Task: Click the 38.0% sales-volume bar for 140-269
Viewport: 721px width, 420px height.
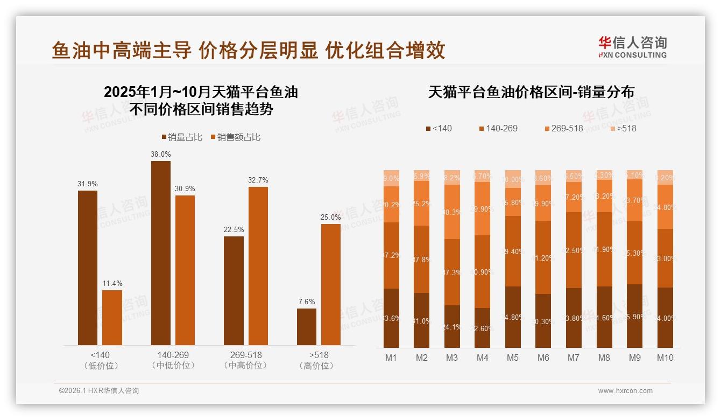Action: (x=161, y=253)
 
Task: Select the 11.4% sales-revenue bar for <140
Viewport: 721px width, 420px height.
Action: (x=112, y=318)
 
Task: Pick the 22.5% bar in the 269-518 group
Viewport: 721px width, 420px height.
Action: (x=234, y=291)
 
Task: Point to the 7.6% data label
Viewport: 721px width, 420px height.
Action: (x=307, y=302)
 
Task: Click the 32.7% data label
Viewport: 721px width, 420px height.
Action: (x=258, y=180)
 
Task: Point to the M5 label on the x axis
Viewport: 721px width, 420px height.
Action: (x=513, y=358)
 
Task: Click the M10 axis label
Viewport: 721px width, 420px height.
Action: (x=665, y=358)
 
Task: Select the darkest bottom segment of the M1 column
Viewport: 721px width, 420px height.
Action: (x=392, y=318)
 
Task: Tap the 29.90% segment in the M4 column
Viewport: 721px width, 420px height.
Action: (x=483, y=209)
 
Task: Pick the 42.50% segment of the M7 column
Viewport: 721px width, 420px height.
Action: (x=574, y=250)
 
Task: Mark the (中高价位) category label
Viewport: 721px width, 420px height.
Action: (x=246, y=366)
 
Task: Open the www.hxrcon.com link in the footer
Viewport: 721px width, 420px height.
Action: (x=625, y=391)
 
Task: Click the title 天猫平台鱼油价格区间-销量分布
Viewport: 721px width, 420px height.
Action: (x=531, y=92)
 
